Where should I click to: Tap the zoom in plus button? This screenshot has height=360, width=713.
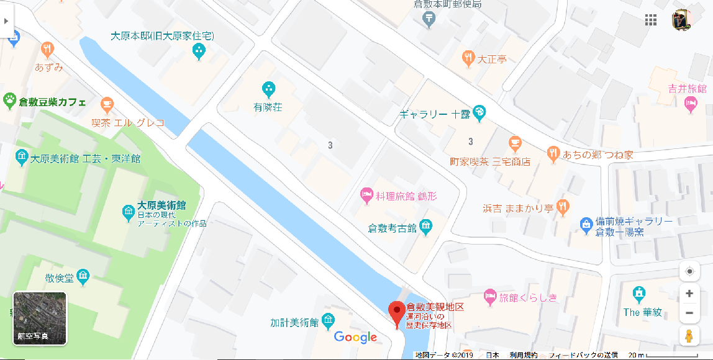(x=689, y=294)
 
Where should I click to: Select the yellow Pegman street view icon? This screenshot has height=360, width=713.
(x=689, y=336)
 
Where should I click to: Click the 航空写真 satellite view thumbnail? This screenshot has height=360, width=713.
(x=40, y=318)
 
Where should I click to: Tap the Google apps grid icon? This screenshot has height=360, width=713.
(x=651, y=20)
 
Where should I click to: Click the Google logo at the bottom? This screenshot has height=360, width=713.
(x=356, y=337)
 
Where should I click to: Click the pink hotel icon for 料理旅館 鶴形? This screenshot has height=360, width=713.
(x=367, y=196)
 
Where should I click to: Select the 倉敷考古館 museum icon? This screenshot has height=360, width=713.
(x=426, y=228)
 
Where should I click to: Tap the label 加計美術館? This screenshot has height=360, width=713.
(x=294, y=323)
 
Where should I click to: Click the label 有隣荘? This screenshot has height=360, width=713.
(x=268, y=107)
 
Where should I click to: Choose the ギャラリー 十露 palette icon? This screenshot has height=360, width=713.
(x=479, y=113)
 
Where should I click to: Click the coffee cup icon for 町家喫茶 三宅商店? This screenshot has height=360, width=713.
(x=514, y=144)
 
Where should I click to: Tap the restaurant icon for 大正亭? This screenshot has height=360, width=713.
(x=468, y=59)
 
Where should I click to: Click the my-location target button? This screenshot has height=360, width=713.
(x=689, y=271)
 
